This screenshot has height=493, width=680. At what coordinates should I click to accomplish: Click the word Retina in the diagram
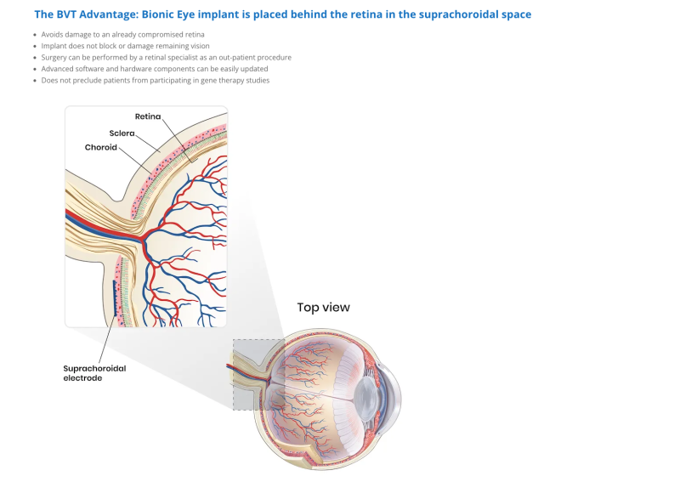(x=149, y=116)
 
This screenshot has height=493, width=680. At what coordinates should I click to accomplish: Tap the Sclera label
(x=122, y=133)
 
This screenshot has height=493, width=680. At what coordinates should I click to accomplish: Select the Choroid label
(x=100, y=147)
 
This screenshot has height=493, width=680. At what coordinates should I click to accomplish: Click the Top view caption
(x=323, y=307)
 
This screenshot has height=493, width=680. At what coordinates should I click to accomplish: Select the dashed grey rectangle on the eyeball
(x=258, y=375)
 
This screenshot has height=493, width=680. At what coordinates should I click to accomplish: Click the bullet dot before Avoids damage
(x=35, y=34)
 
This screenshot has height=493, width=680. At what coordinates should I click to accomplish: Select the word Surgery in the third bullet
(x=56, y=57)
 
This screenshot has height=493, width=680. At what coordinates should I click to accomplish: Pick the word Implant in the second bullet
(x=55, y=46)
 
